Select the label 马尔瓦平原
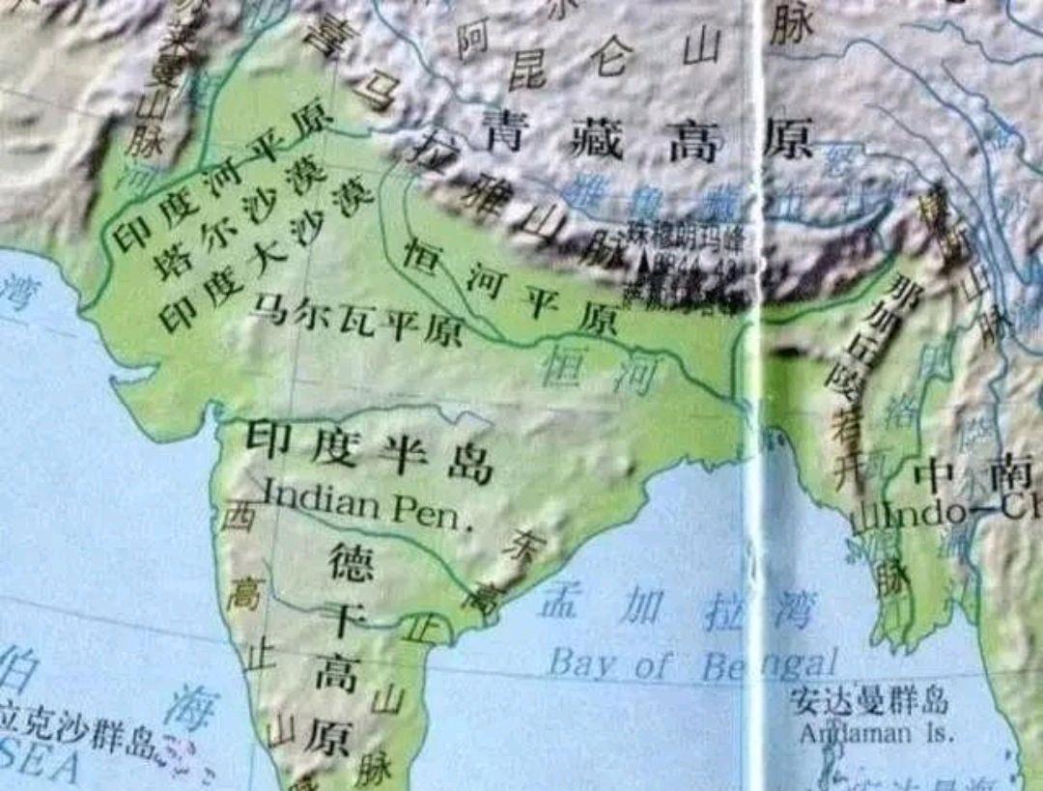[357, 323]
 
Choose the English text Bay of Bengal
[691, 664]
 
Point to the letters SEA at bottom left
[39, 765]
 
